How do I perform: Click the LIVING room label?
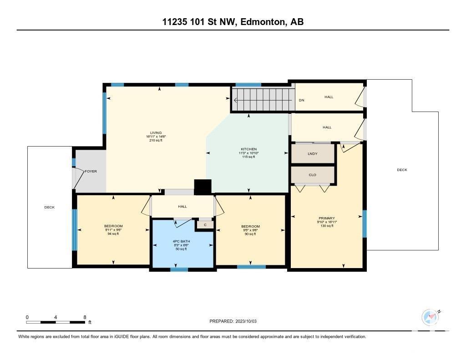[x=156, y=133]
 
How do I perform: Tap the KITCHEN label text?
[x=249, y=149]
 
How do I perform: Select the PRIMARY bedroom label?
[x=327, y=218]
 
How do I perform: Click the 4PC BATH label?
[x=181, y=241]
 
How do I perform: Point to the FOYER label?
[x=91, y=172]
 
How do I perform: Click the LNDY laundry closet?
[x=313, y=153]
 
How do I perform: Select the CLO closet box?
[x=313, y=175]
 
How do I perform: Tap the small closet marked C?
[x=205, y=225]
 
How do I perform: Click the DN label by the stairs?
[x=301, y=100]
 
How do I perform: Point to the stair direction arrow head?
[x=236, y=101]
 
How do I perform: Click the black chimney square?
[x=203, y=187]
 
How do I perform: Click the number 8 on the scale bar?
[x=85, y=317]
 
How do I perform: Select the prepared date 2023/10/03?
[x=246, y=321]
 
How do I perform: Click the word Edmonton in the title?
[x=262, y=22]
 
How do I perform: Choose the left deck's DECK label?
[x=49, y=207]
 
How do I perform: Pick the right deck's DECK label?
[x=402, y=170]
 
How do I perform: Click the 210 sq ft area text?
[x=156, y=140]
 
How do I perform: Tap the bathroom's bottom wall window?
[x=179, y=269]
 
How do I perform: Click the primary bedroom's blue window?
[x=365, y=224]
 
